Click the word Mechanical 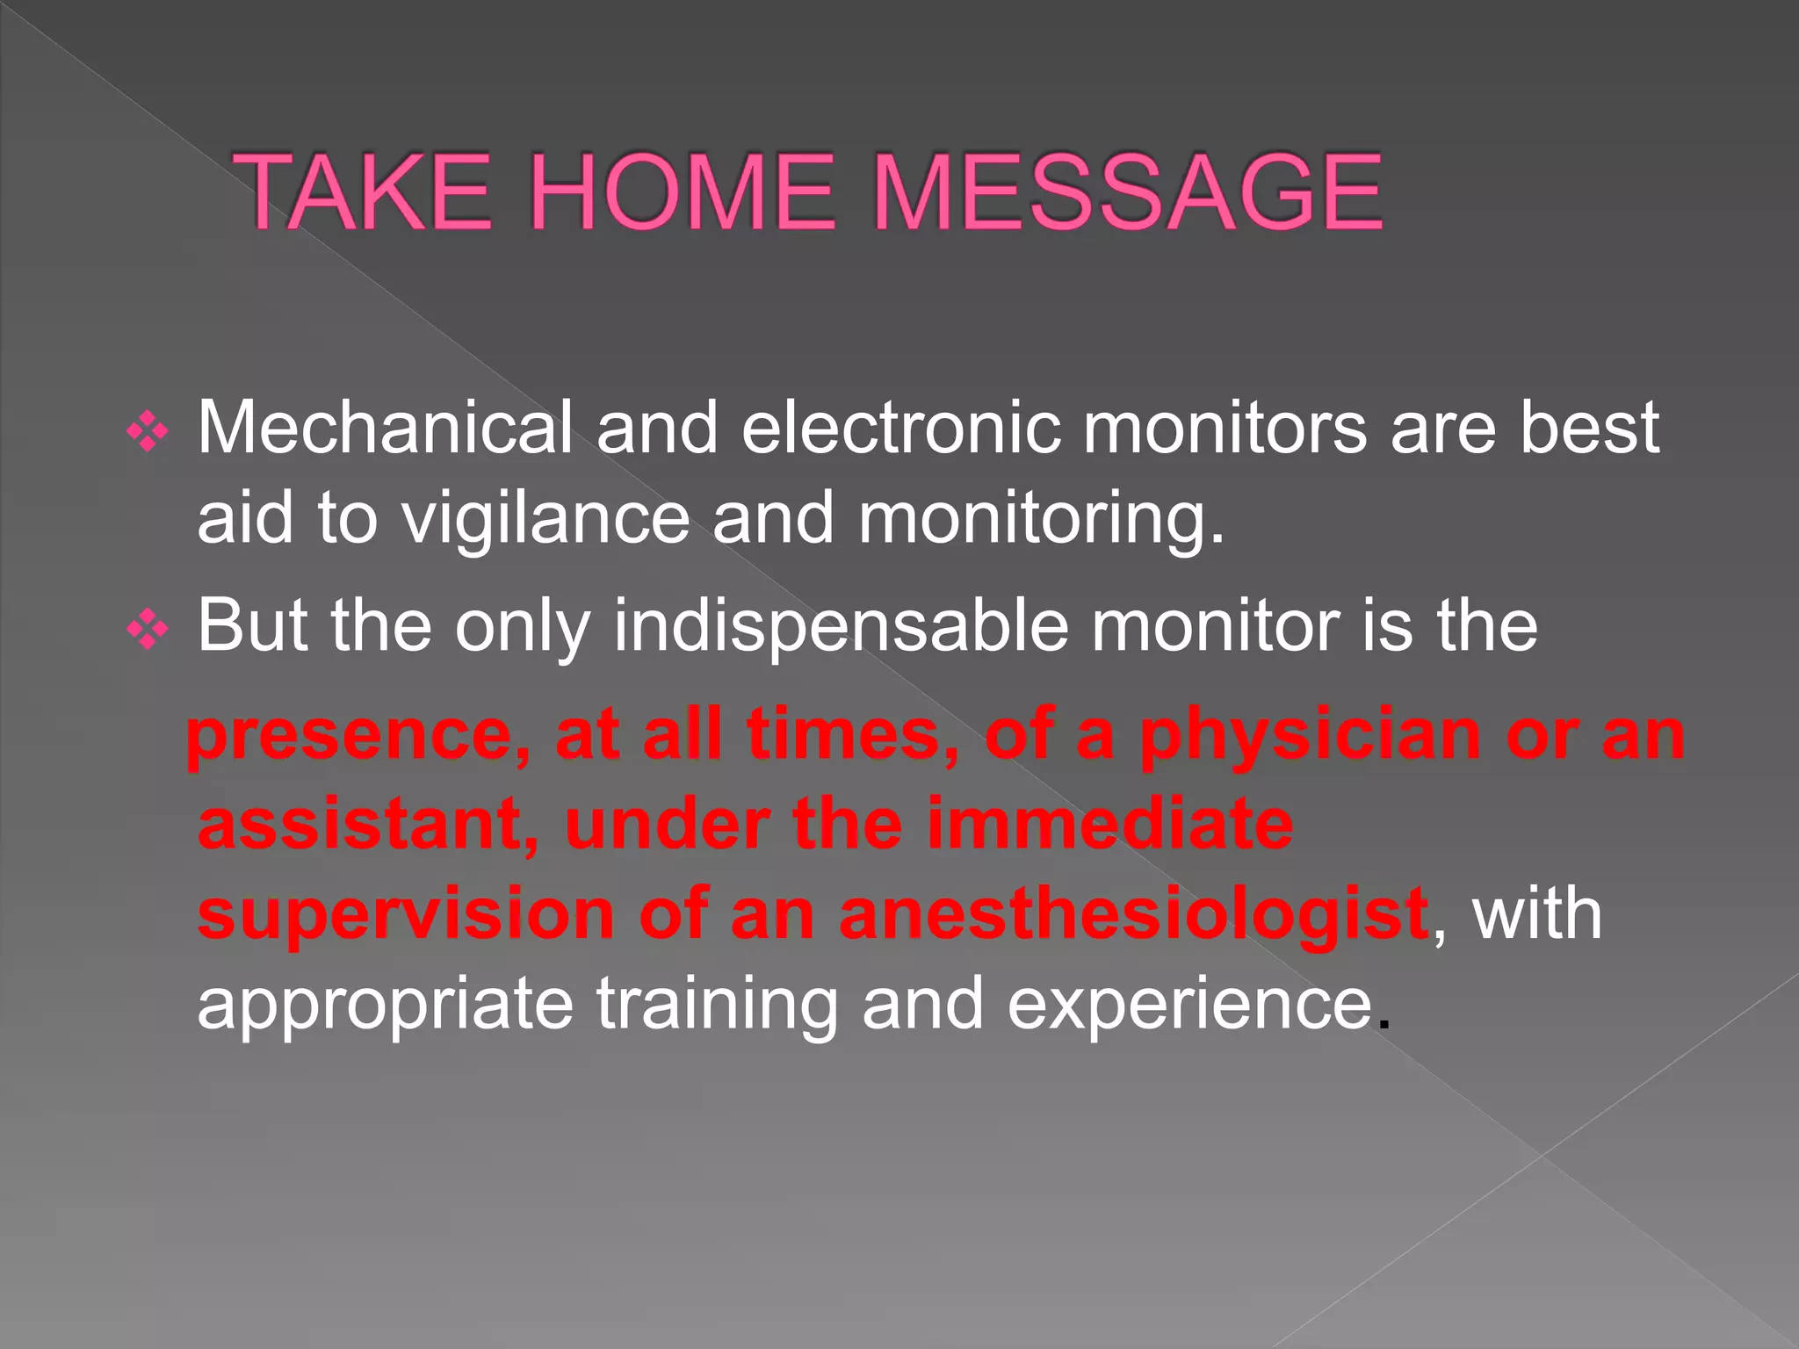385,428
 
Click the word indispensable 841,626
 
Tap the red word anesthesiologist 1133,915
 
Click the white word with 1537,915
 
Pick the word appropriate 385,1006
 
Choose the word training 718,1006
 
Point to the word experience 1189,1006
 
